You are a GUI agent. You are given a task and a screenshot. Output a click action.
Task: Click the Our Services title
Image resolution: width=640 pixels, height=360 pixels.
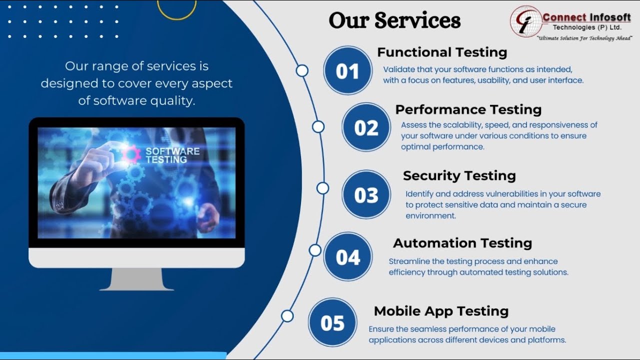(x=394, y=21)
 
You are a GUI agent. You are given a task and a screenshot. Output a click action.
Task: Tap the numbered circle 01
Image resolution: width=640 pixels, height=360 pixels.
(x=347, y=70)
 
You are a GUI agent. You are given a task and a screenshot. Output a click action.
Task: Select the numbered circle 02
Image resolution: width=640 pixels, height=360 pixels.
(x=366, y=127)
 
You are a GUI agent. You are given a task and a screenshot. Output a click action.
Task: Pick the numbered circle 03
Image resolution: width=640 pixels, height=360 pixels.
(x=366, y=194)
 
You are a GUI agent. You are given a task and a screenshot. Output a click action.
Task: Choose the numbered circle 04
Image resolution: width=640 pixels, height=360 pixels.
(x=347, y=256)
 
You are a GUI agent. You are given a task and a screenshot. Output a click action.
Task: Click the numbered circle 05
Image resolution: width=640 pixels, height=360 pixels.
(x=332, y=322)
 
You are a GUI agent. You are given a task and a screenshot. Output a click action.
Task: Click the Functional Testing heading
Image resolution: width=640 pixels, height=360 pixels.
(x=442, y=52)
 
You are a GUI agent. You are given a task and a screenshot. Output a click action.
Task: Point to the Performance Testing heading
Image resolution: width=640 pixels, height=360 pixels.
(x=468, y=109)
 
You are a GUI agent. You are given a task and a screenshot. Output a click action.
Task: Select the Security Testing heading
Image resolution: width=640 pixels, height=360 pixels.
(x=459, y=175)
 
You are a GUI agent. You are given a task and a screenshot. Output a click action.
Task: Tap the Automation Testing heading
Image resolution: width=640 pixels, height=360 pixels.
(x=462, y=243)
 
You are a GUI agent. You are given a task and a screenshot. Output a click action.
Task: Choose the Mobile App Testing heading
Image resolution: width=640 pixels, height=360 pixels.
(x=441, y=311)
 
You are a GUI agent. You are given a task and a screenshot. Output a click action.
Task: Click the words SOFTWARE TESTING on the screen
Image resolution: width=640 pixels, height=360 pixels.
(x=172, y=155)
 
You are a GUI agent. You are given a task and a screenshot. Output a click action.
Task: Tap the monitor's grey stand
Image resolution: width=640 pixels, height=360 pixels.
(x=136, y=279)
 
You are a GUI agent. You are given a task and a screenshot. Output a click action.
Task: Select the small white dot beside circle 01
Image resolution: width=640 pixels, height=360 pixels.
(x=302, y=70)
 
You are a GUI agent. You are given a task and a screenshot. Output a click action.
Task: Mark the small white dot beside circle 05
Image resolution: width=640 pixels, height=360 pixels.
(x=287, y=316)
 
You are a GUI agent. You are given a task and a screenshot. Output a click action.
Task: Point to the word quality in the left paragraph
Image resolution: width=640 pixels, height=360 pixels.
(x=172, y=100)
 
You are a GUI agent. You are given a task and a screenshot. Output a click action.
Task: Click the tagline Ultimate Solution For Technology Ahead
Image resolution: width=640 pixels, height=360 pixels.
(x=583, y=38)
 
